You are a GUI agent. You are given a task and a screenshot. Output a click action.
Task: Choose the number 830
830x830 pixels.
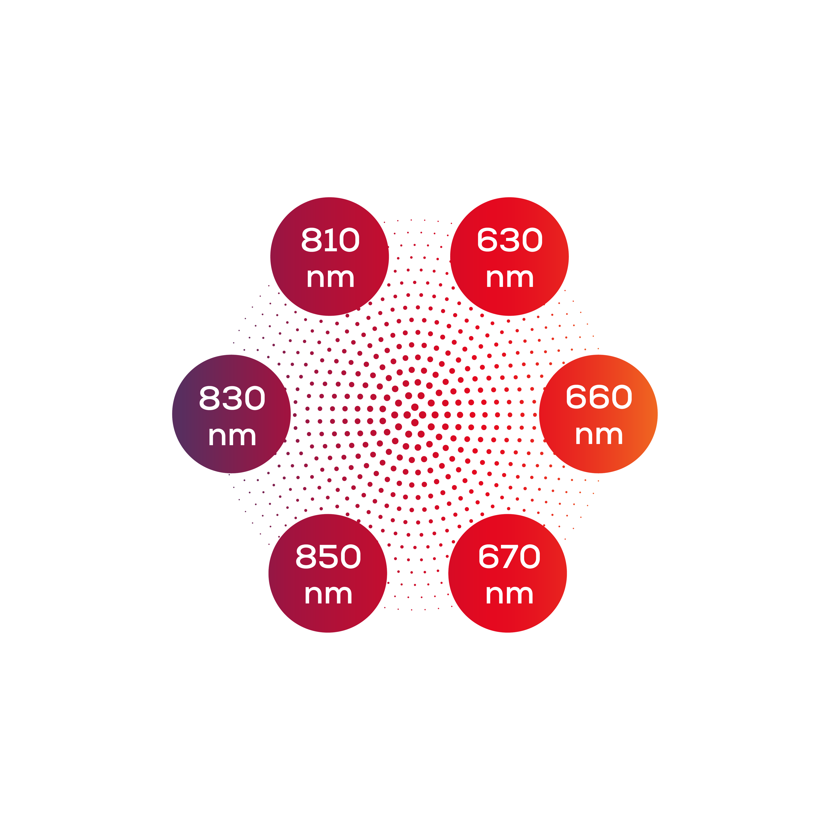(232, 398)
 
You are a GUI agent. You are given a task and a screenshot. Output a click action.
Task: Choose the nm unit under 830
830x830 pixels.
(232, 436)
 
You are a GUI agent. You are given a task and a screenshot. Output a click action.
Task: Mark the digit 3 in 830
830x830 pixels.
(232, 398)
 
